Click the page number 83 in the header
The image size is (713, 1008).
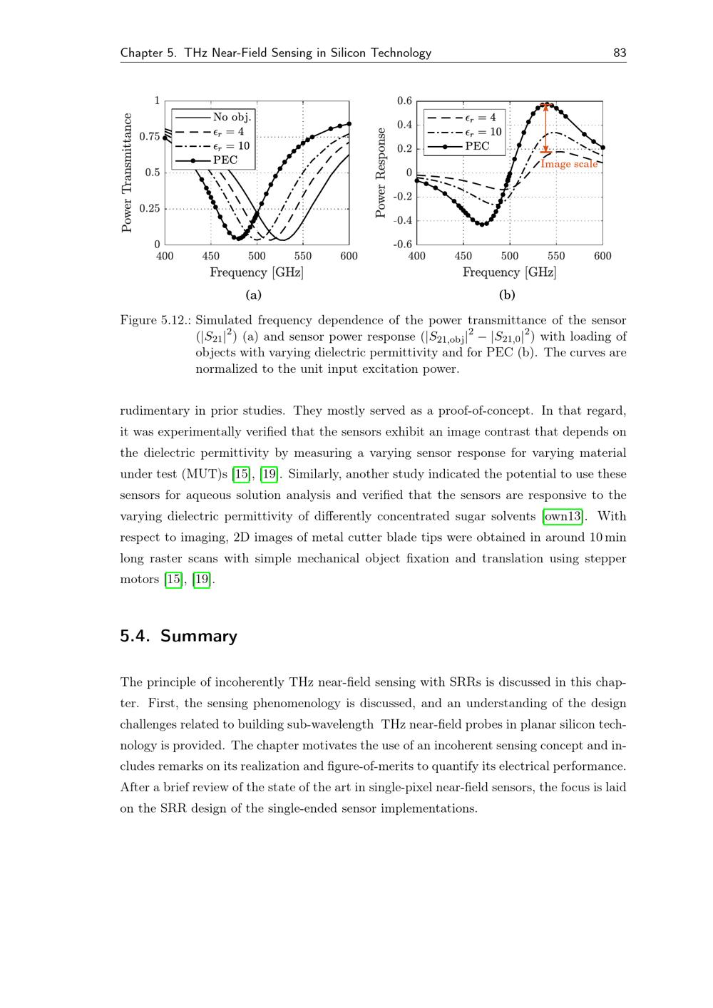620,53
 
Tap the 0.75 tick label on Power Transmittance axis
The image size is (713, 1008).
148,136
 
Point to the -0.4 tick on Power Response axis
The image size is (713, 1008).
404,220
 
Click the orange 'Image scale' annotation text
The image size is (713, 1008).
569,164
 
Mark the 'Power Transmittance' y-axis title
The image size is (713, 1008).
127,173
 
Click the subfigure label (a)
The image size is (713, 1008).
253,294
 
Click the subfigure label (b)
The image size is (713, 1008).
507,294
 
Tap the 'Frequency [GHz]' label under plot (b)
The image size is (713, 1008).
509,272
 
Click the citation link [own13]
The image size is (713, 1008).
563,516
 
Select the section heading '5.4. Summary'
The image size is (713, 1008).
178,636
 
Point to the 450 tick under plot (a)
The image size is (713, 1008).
211,256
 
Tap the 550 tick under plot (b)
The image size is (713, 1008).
556,256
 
